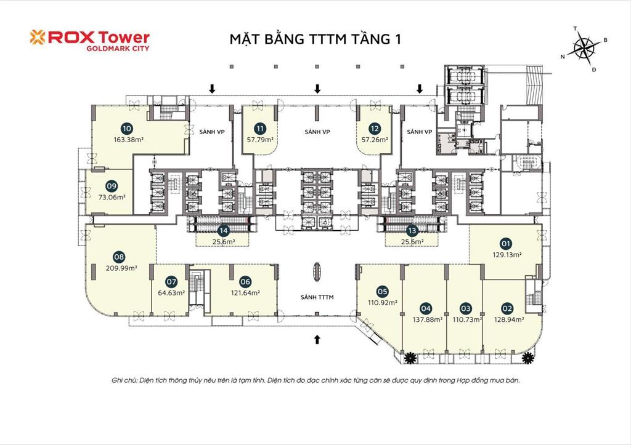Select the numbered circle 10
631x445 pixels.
127,129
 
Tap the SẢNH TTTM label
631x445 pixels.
317,297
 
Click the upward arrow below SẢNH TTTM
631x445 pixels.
317,338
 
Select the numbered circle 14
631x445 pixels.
224,231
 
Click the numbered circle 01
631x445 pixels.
507,243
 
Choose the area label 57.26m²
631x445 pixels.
375,140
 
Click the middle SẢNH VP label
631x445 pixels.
317,132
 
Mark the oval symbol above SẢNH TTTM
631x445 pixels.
317,271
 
